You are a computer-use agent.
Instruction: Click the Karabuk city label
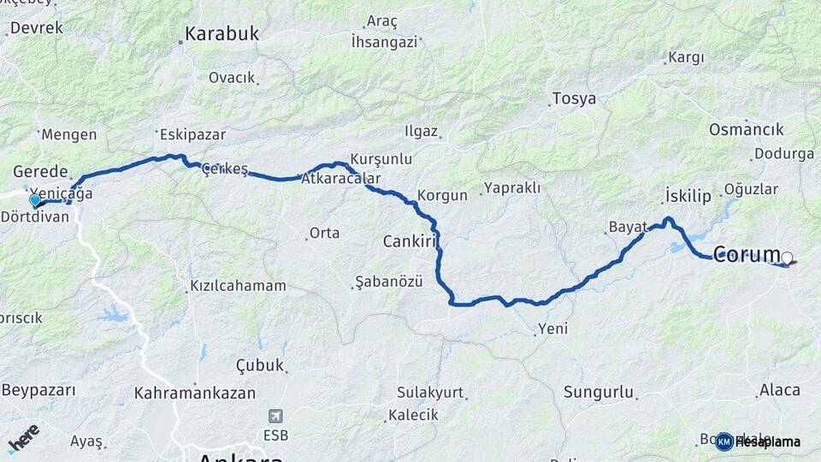click(x=221, y=35)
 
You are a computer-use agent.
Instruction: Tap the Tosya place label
click(x=574, y=98)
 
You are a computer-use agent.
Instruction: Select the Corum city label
click(x=747, y=254)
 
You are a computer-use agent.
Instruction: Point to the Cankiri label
click(x=410, y=240)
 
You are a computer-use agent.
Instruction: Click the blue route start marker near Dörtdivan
click(x=35, y=200)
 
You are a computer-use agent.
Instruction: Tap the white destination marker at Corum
click(x=787, y=256)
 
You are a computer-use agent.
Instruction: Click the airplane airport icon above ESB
click(x=275, y=417)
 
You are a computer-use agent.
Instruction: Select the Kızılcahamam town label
click(x=238, y=286)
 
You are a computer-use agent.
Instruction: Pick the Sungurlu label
click(x=599, y=393)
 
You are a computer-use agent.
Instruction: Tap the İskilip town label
click(x=687, y=197)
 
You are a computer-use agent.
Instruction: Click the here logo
click(x=23, y=438)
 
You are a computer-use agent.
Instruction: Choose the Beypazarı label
click(x=38, y=390)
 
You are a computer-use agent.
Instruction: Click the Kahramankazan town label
click(x=195, y=394)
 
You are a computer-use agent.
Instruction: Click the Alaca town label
click(x=779, y=390)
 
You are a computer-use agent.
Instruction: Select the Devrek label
click(x=36, y=27)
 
